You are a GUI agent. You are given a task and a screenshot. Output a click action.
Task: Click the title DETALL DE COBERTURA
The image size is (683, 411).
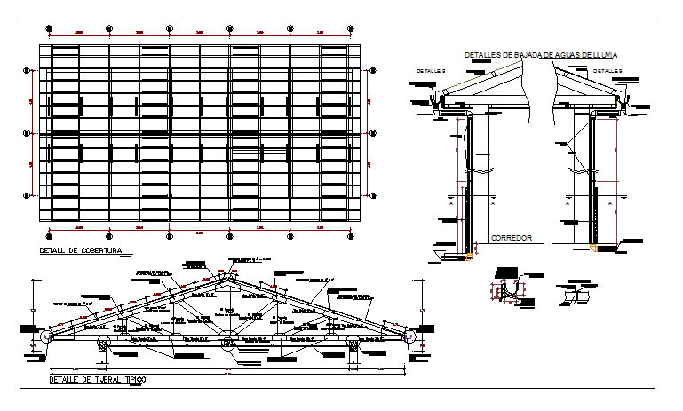click(x=81, y=251)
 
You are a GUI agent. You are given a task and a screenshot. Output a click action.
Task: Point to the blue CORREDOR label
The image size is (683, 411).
click(x=510, y=239)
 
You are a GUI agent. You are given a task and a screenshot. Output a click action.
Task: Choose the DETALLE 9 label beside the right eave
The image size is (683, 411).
click(x=608, y=70)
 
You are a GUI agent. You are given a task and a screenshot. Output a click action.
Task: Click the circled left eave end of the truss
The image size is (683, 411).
click(x=46, y=337)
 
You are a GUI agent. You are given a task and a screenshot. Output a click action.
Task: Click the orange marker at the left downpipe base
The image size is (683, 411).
click(x=468, y=257)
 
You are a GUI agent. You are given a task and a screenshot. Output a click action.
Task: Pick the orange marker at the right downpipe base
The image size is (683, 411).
click(x=593, y=249)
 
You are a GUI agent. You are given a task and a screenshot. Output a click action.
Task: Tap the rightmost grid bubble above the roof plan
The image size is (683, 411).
click(x=352, y=28)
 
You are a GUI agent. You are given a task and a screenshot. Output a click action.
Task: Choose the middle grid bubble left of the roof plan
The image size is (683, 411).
click(x=26, y=134)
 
